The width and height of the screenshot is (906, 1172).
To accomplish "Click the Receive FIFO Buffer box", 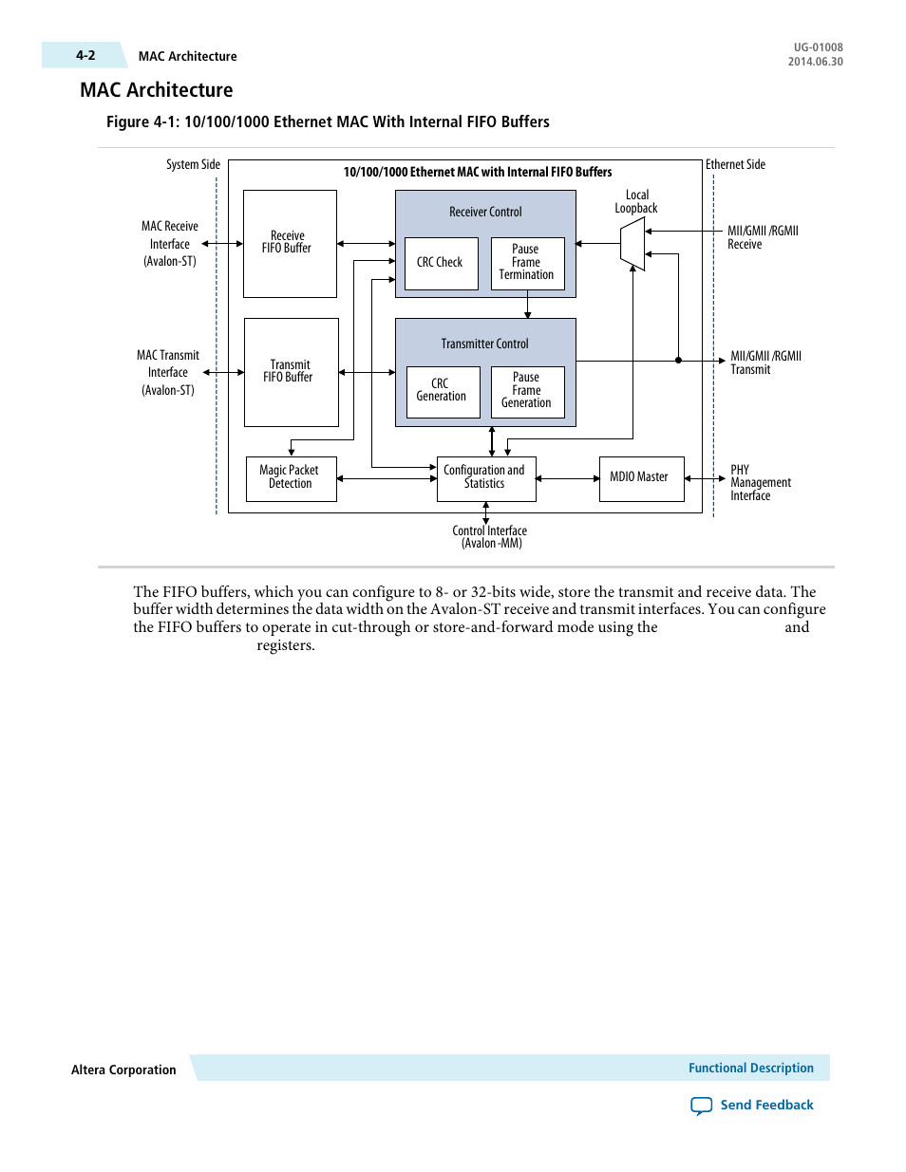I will coord(290,243).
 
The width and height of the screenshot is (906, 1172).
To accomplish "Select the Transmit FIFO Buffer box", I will coord(291,372).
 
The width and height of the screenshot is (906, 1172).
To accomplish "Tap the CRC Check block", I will coord(441,263).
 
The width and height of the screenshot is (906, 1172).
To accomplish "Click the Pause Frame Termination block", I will coord(527,263).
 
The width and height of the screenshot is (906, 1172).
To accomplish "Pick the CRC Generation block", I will coord(442,391).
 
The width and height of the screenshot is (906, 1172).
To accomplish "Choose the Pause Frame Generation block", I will coord(527,391).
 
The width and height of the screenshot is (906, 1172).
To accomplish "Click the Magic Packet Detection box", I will coord(291,477).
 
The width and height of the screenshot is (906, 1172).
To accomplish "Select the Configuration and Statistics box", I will coord(485,477).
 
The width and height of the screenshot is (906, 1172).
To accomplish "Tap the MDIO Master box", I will coord(640,477).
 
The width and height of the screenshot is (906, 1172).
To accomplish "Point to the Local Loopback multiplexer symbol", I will coord(632,244).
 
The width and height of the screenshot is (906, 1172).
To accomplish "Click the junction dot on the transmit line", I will coord(678,361).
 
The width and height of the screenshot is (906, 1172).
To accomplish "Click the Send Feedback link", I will coord(765,1105).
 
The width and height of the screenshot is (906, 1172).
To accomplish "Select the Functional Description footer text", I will coord(750,1068).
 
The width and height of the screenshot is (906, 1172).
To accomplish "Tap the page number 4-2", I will coord(85,55).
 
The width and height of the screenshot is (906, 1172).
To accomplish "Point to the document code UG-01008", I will coord(818,47).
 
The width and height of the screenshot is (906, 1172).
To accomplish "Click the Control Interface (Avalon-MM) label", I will coord(490,537).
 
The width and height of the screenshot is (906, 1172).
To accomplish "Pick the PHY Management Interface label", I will coord(760,483).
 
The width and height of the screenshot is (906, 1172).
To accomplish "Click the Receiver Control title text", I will coord(485,212).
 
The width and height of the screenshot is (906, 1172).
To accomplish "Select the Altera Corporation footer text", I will coord(123,1070).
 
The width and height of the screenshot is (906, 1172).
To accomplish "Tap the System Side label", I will coord(193,164).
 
